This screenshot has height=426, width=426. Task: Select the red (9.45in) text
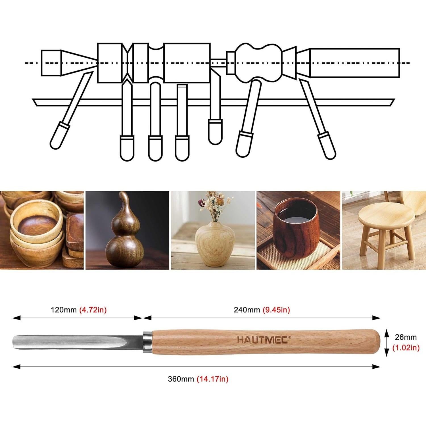276,310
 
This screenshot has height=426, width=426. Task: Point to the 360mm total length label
181,379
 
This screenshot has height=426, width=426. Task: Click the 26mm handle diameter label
406,337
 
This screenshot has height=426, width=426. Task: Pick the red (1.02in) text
406,348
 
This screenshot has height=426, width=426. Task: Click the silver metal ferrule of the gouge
147,342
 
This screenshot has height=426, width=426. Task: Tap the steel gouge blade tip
20,342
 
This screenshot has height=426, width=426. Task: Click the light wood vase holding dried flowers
215,244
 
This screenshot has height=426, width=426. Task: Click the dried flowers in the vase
215,204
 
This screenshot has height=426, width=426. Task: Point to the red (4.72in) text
93,310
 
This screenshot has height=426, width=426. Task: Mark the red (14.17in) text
212,379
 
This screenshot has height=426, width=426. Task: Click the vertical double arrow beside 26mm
386,343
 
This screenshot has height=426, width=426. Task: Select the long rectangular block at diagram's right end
354,63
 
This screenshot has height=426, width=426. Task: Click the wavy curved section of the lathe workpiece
258,62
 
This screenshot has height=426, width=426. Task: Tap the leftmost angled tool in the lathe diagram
71,111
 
